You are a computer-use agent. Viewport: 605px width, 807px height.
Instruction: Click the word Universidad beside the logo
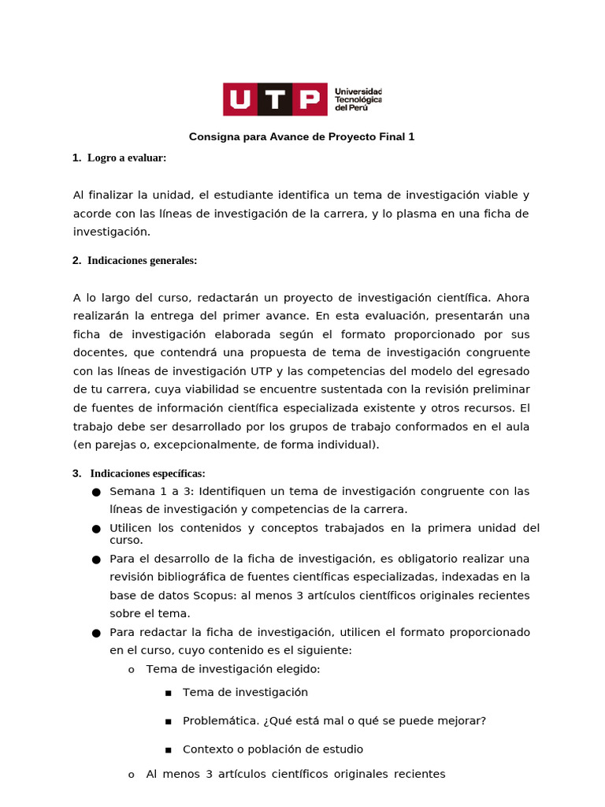(358, 91)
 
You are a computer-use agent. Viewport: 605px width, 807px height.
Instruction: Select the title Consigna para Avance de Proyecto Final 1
(302, 137)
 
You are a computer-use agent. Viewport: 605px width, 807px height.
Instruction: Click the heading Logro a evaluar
(127, 158)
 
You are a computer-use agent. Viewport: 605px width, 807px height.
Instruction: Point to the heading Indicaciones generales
(143, 261)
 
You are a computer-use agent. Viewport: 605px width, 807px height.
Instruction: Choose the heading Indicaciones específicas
(147, 474)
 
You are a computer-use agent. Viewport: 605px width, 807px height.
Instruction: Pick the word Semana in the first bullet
(129, 492)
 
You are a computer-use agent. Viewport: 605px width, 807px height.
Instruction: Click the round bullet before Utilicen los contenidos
(96, 528)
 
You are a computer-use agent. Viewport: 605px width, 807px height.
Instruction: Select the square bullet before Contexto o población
(168, 750)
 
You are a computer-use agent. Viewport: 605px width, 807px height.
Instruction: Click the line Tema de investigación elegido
(233, 669)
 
